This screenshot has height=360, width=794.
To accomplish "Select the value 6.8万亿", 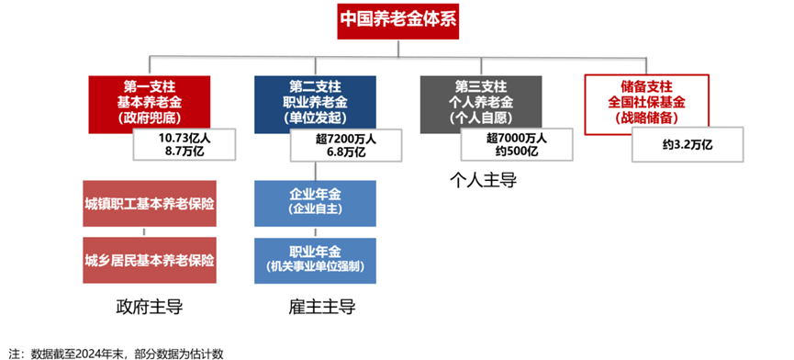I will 346,152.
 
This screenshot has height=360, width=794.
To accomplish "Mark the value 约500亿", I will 515,152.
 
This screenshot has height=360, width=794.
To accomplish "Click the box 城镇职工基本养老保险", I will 150,203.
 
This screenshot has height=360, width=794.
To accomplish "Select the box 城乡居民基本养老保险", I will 150,260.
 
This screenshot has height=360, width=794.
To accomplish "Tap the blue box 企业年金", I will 315,202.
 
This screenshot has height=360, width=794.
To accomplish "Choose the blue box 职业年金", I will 315,259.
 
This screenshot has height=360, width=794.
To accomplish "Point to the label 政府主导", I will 150,306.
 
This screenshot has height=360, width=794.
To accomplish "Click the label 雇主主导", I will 315,306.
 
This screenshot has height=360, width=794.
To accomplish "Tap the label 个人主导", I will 483,180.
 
